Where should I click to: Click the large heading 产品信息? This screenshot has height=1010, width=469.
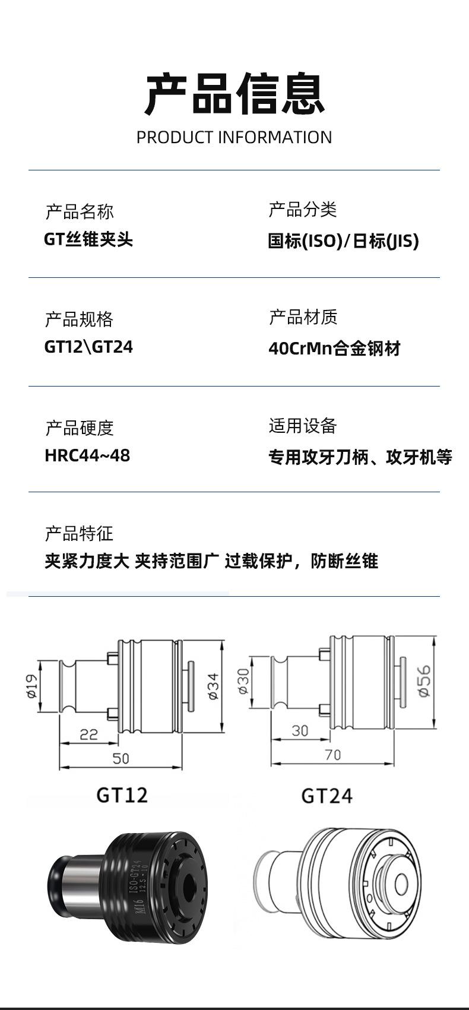click(235, 93)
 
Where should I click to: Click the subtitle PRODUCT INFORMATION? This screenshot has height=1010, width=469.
click(234, 137)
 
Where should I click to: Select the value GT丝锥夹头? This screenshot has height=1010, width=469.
click(88, 239)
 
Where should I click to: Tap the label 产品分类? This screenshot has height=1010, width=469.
click(303, 210)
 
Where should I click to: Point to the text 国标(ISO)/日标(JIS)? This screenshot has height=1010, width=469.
click(343, 241)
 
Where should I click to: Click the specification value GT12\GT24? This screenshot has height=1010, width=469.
click(88, 347)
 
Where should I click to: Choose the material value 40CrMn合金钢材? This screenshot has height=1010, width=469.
click(334, 348)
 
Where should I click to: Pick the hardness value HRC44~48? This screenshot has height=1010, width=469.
click(87, 455)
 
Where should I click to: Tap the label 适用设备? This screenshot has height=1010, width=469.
click(303, 426)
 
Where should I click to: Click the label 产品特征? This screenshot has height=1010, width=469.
click(79, 534)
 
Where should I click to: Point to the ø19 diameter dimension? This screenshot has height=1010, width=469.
click(31, 686)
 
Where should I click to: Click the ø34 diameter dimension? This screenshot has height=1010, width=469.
click(213, 686)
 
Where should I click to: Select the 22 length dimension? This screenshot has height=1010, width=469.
click(88, 734)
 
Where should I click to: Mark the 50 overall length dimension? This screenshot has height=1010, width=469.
click(121, 758)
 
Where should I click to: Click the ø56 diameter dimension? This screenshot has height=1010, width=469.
click(424, 681)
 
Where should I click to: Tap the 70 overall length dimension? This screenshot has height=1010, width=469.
click(333, 755)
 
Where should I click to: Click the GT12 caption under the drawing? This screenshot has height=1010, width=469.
click(122, 795)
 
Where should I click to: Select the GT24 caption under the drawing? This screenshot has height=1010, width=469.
click(327, 796)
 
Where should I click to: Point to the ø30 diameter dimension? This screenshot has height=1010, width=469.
click(243, 681)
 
